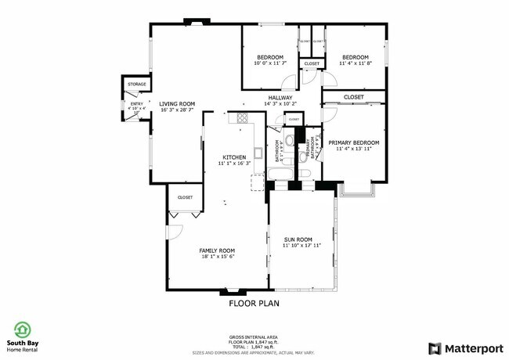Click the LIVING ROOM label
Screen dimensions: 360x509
(x=177, y=103)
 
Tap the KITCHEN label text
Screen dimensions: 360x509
(x=234, y=157)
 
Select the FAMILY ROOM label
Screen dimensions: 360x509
(x=218, y=250)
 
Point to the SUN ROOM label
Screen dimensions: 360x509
(x=298, y=239)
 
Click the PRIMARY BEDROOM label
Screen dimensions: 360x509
(x=354, y=142)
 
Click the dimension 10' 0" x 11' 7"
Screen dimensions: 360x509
(x=271, y=63)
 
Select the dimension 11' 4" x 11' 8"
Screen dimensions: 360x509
(x=355, y=63)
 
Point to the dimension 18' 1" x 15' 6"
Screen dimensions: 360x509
(x=218, y=256)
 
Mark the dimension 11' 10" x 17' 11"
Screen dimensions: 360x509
(x=298, y=246)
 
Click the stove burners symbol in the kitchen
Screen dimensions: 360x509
(x=242, y=119)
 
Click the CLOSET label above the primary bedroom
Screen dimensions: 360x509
(x=354, y=98)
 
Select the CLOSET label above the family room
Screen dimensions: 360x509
(x=185, y=198)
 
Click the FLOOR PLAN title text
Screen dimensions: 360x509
(x=254, y=302)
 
